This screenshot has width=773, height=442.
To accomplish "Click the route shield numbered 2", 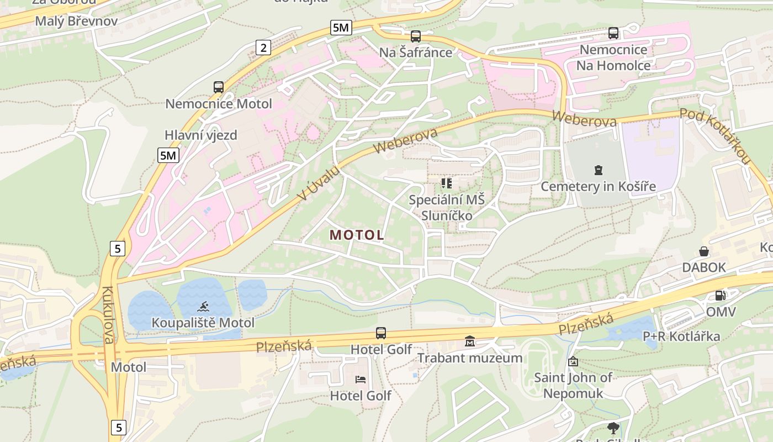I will pyautogui.click(x=263, y=48).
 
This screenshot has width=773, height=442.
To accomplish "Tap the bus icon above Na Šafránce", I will pyautogui.click(x=416, y=36).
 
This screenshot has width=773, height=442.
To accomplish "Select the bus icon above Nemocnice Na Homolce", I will pyautogui.click(x=613, y=33).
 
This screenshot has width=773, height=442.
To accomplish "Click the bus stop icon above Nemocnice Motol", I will pyautogui.click(x=219, y=87).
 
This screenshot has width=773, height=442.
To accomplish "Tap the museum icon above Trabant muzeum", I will pyautogui.click(x=470, y=341).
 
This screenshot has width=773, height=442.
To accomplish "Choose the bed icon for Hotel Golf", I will pyautogui.click(x=361, y=380).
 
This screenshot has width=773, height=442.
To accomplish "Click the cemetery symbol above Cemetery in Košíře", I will pyautogui.click(x=598, y=170).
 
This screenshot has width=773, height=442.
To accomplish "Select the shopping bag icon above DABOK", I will pyautogui.click(x=704, y=251).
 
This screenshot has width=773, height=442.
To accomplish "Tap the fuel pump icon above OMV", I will pyautogui.click(x=720, y=296).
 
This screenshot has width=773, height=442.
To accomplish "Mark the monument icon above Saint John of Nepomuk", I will pyautogui.click(x=573, y=361).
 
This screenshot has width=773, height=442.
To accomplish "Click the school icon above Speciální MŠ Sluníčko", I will pyautogui.click(x=446, y=183).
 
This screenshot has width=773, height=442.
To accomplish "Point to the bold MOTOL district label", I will pyautogui.click(x=357, y=235).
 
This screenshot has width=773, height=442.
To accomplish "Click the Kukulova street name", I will pyautogui.click(x=107, y=315).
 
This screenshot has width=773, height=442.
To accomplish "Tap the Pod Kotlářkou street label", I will pyautogui.click(x=716, y=135).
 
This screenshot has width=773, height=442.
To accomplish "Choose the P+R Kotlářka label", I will pyautogui.click(x=681, y=336).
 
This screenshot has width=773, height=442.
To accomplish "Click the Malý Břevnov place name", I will pyautogui.click(x=76, y=21).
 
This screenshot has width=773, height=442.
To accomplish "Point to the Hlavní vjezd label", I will pyautogui.click(x=201, y=135).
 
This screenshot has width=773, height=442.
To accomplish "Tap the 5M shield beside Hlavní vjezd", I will pyautogui.click(x=168, y=155).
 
